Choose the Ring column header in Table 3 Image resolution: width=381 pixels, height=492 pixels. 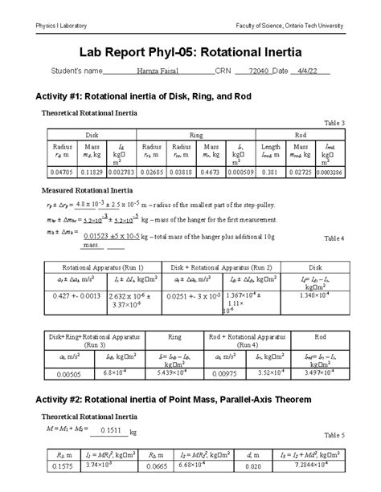click(x=195, y=136)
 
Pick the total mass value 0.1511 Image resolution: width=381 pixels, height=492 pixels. click(x=108, y=430)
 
